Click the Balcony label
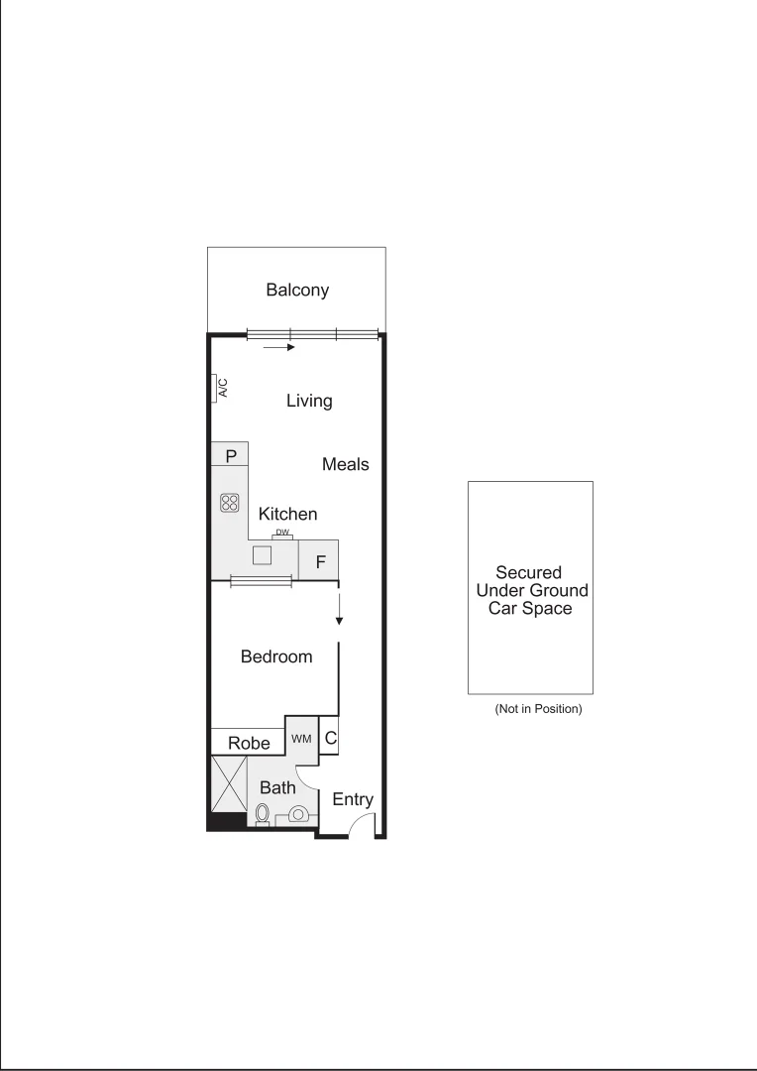pos(296,291)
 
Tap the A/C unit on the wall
pos(220,388)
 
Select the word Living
pos(309,401)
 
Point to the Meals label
pos(345,464)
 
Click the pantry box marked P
pos(230,456)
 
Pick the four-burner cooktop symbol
pos(230,503)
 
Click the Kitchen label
pos(288,514)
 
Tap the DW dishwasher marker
pos(282,534)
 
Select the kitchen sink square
pos(263,555)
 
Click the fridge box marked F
pos(320,562)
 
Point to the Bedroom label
pos(276,656)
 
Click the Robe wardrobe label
pos(250,743)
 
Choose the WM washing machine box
pos(301,740)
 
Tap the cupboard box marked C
pos(331,738)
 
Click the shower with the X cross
pos(229,784)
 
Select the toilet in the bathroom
pos(263,815)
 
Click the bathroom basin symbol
pos(297,815)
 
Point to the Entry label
pos(352,799)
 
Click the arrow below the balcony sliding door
pos(279,348)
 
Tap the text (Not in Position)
pos(537,709)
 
